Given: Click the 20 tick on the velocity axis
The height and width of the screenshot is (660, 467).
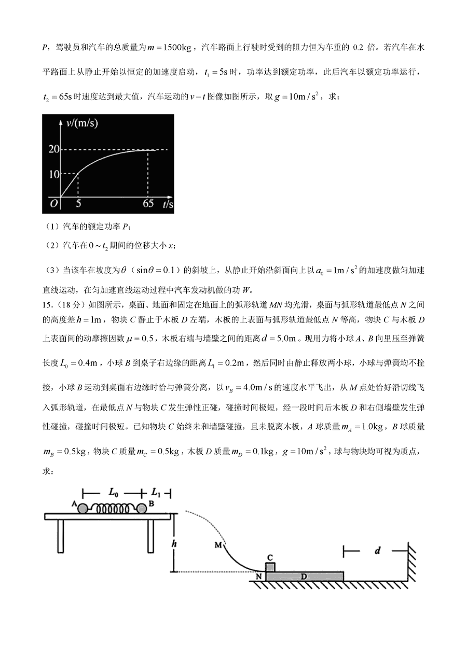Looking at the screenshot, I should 52,149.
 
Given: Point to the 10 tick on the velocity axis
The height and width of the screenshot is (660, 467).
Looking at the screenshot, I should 52,174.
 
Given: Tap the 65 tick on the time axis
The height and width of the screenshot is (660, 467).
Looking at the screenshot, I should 148,204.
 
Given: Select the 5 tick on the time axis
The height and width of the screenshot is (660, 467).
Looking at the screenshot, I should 78,204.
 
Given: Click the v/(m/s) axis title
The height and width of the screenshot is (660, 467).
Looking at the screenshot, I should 83,123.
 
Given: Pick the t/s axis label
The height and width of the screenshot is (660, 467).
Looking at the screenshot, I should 167,204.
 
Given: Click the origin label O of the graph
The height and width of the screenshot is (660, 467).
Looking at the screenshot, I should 53,204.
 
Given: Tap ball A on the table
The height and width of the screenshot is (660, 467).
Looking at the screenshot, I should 83,508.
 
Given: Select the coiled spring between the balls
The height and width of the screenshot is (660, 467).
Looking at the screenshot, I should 112,508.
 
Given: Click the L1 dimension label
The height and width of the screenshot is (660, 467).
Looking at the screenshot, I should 156,491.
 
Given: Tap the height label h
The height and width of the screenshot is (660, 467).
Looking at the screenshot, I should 175,544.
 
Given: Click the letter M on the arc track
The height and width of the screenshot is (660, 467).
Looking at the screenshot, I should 217,545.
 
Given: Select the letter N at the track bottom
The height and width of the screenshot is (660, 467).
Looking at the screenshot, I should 258,575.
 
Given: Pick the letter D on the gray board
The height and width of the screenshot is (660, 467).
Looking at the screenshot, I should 304,576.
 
